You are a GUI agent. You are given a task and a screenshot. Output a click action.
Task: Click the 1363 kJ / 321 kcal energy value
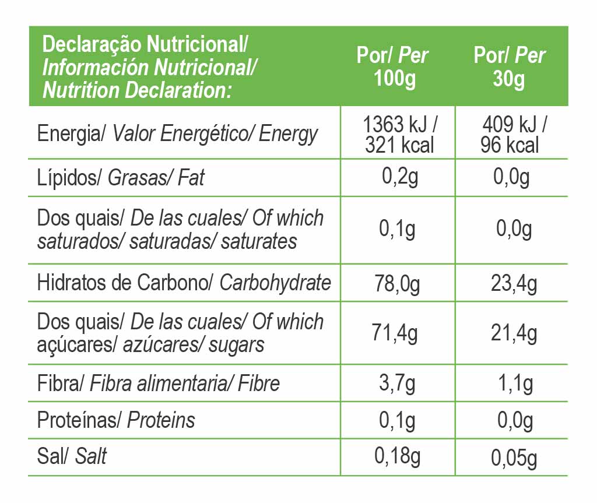(x=399, y=135)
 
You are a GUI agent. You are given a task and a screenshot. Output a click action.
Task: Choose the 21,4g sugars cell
(x=514, y=334)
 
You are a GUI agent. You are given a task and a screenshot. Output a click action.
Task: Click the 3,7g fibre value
(x=398, y=384)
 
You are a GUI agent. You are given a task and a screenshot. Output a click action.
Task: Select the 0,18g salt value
(x=397, y=458)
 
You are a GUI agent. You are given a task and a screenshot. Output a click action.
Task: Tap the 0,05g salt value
(x=514, y=459)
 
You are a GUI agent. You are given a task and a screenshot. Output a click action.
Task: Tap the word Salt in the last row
(x=91, y=456)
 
